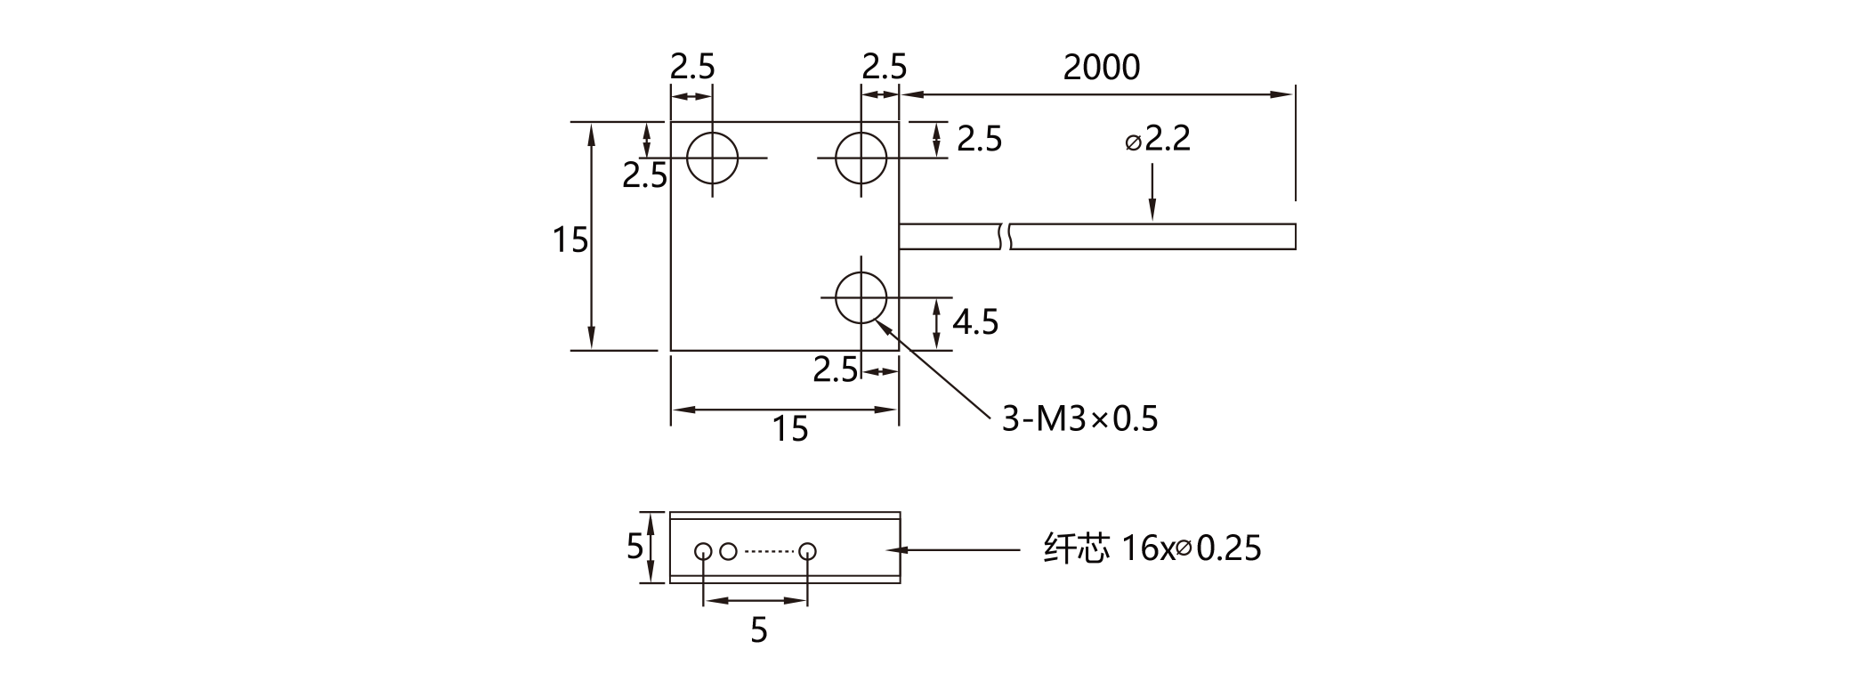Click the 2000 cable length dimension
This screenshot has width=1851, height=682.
point(1101,68)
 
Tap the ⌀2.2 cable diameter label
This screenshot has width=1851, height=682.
point(1158,139)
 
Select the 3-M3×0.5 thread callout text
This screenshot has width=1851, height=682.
point(1080,418)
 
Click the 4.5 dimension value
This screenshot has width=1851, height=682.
point(975,321)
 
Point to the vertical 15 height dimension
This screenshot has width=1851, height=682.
point(570,240)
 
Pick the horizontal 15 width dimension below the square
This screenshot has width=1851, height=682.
point(789,429)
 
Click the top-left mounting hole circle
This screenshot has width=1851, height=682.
point(712,158)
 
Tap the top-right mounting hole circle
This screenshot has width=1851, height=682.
point(861,158)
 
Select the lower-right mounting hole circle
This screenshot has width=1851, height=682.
point(861,297)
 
